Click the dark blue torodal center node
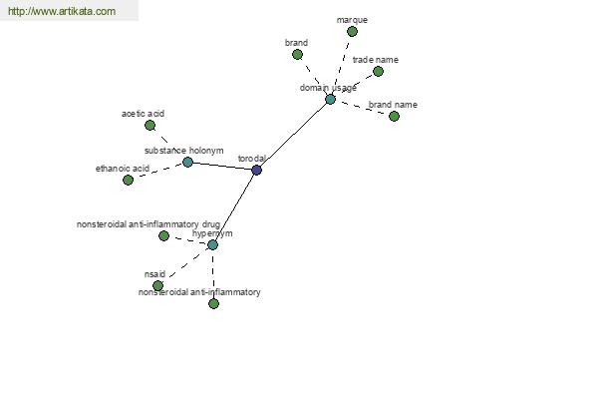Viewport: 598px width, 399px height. (x=257, y=170)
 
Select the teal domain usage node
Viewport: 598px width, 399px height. (x=330, y=100)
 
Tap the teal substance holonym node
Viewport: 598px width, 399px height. (x=187, y=162)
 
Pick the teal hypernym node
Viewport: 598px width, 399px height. (x=213, y=244)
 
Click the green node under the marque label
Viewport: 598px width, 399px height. (x=353, y=31)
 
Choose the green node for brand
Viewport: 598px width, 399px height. (x=297, y=54)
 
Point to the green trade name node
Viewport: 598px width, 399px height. (x=379, y=71)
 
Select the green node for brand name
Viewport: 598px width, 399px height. (x=395, y=116)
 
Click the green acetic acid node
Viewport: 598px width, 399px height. (x=149, y=125)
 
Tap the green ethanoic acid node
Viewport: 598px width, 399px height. (x=129, y=180)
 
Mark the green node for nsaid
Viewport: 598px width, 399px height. (x=157, y=285)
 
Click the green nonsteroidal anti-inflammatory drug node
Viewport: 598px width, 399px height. (x=164, y=235)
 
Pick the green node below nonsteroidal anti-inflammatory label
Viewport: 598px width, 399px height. (x=214, y=303)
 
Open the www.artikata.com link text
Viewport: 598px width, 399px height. (x=62, y=11)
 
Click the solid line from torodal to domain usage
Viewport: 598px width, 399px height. (x=294, y=135)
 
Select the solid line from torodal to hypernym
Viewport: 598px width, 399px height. (x=234, y=207)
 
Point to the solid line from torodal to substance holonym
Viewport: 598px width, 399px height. (x=222, y=167)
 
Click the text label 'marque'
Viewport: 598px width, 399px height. (x=352, y=20)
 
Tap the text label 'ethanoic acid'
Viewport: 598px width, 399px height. (x=123, y=169)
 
